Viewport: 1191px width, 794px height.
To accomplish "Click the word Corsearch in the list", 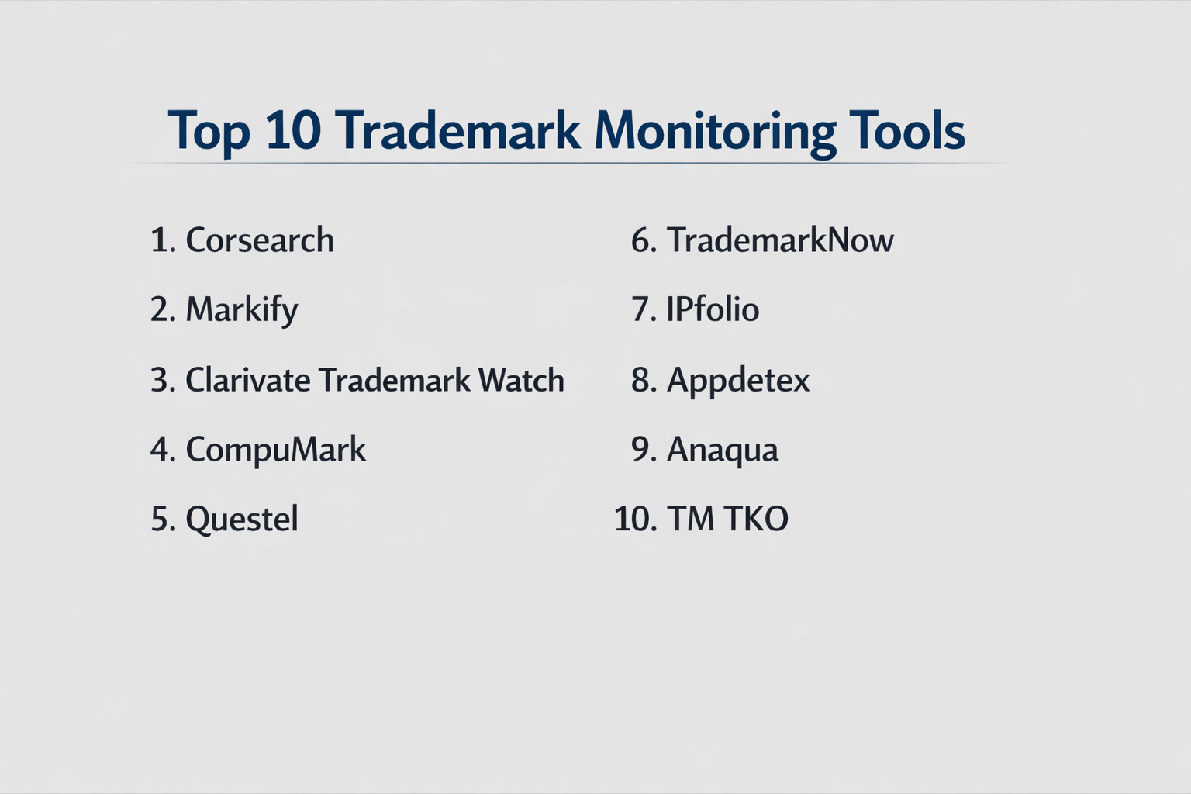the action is coord(260,240).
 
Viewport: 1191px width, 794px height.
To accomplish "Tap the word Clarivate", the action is coord(248,380).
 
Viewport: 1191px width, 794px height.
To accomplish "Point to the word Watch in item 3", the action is coord(521,380).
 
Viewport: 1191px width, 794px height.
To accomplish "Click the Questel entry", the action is coord(242,520).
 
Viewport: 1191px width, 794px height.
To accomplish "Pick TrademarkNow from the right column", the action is coord(780,240).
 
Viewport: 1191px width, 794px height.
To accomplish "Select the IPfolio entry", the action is coord(713,309).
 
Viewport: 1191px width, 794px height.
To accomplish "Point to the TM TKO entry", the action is coord(727,519).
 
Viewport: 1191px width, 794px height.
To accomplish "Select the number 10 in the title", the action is coord(294,129).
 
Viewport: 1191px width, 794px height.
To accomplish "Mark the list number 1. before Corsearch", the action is coord(164,240).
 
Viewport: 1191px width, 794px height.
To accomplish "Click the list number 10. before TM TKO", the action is coord(635,519).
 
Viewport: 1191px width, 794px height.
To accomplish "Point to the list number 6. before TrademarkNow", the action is coord(644,240).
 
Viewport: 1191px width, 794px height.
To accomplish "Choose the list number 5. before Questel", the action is coord(164,519).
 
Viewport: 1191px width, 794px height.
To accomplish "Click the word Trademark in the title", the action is coord(457,129).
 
